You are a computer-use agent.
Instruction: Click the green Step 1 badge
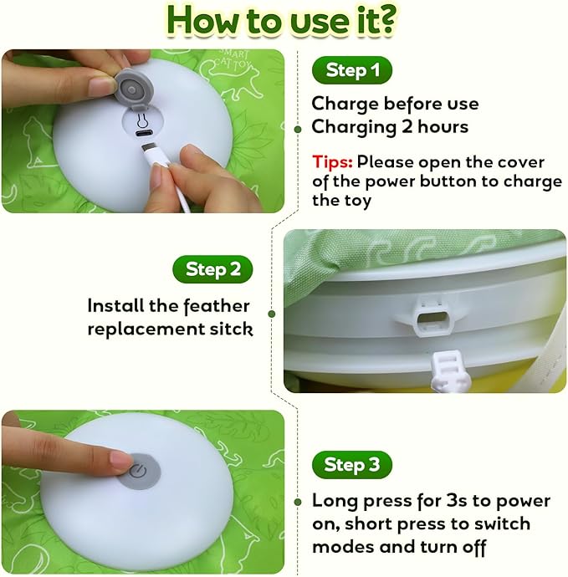click(351, 70)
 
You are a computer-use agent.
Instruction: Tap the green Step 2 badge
click(212, 269)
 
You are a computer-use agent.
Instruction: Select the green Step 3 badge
click(351, 465)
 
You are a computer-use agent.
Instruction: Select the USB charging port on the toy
click(144, 130)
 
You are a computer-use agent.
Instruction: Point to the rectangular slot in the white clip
click(432, 319)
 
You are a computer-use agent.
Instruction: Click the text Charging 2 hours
click(390, 128)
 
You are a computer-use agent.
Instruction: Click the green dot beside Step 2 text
click(272, 314)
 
